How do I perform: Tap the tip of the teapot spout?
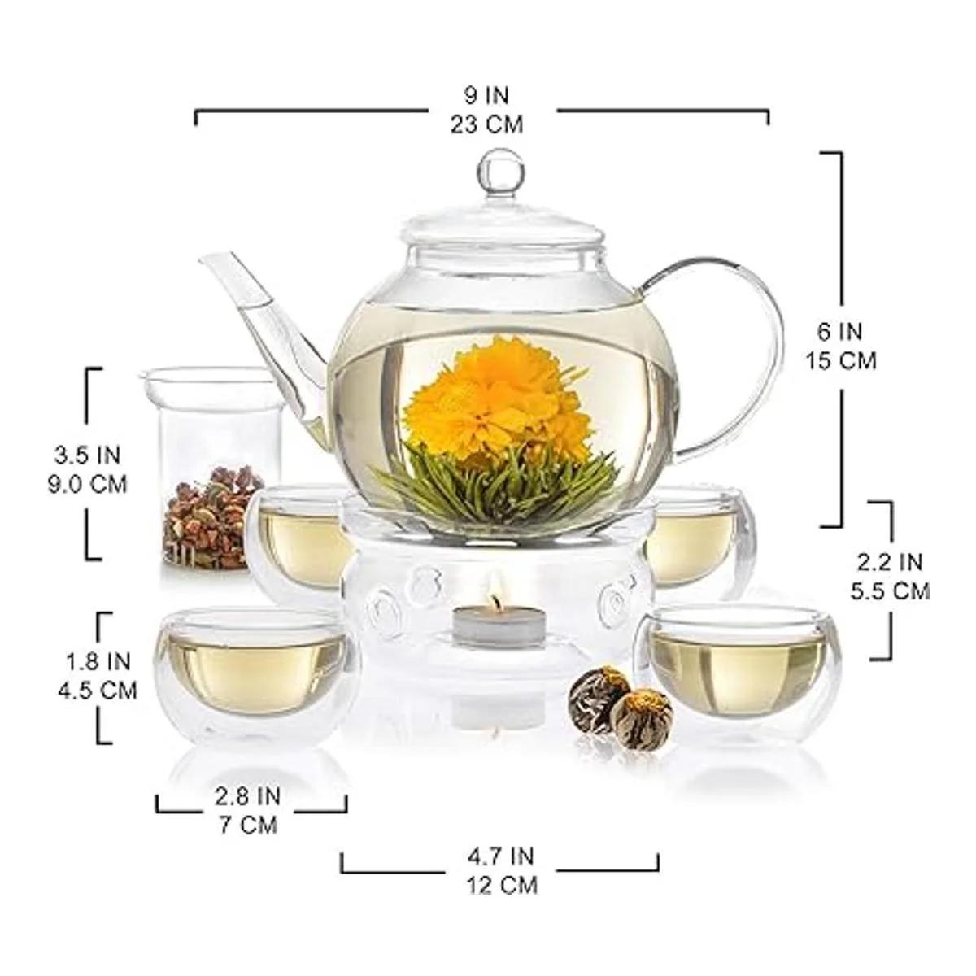203,259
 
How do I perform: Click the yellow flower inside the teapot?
495,404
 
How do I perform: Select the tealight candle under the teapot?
486,628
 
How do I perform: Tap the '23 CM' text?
486,124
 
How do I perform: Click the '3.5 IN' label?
87,455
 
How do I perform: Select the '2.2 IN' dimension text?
890,562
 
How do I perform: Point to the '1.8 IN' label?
98,661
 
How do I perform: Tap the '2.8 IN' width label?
248,797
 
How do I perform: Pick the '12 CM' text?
502,886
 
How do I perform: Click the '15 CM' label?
841,361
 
